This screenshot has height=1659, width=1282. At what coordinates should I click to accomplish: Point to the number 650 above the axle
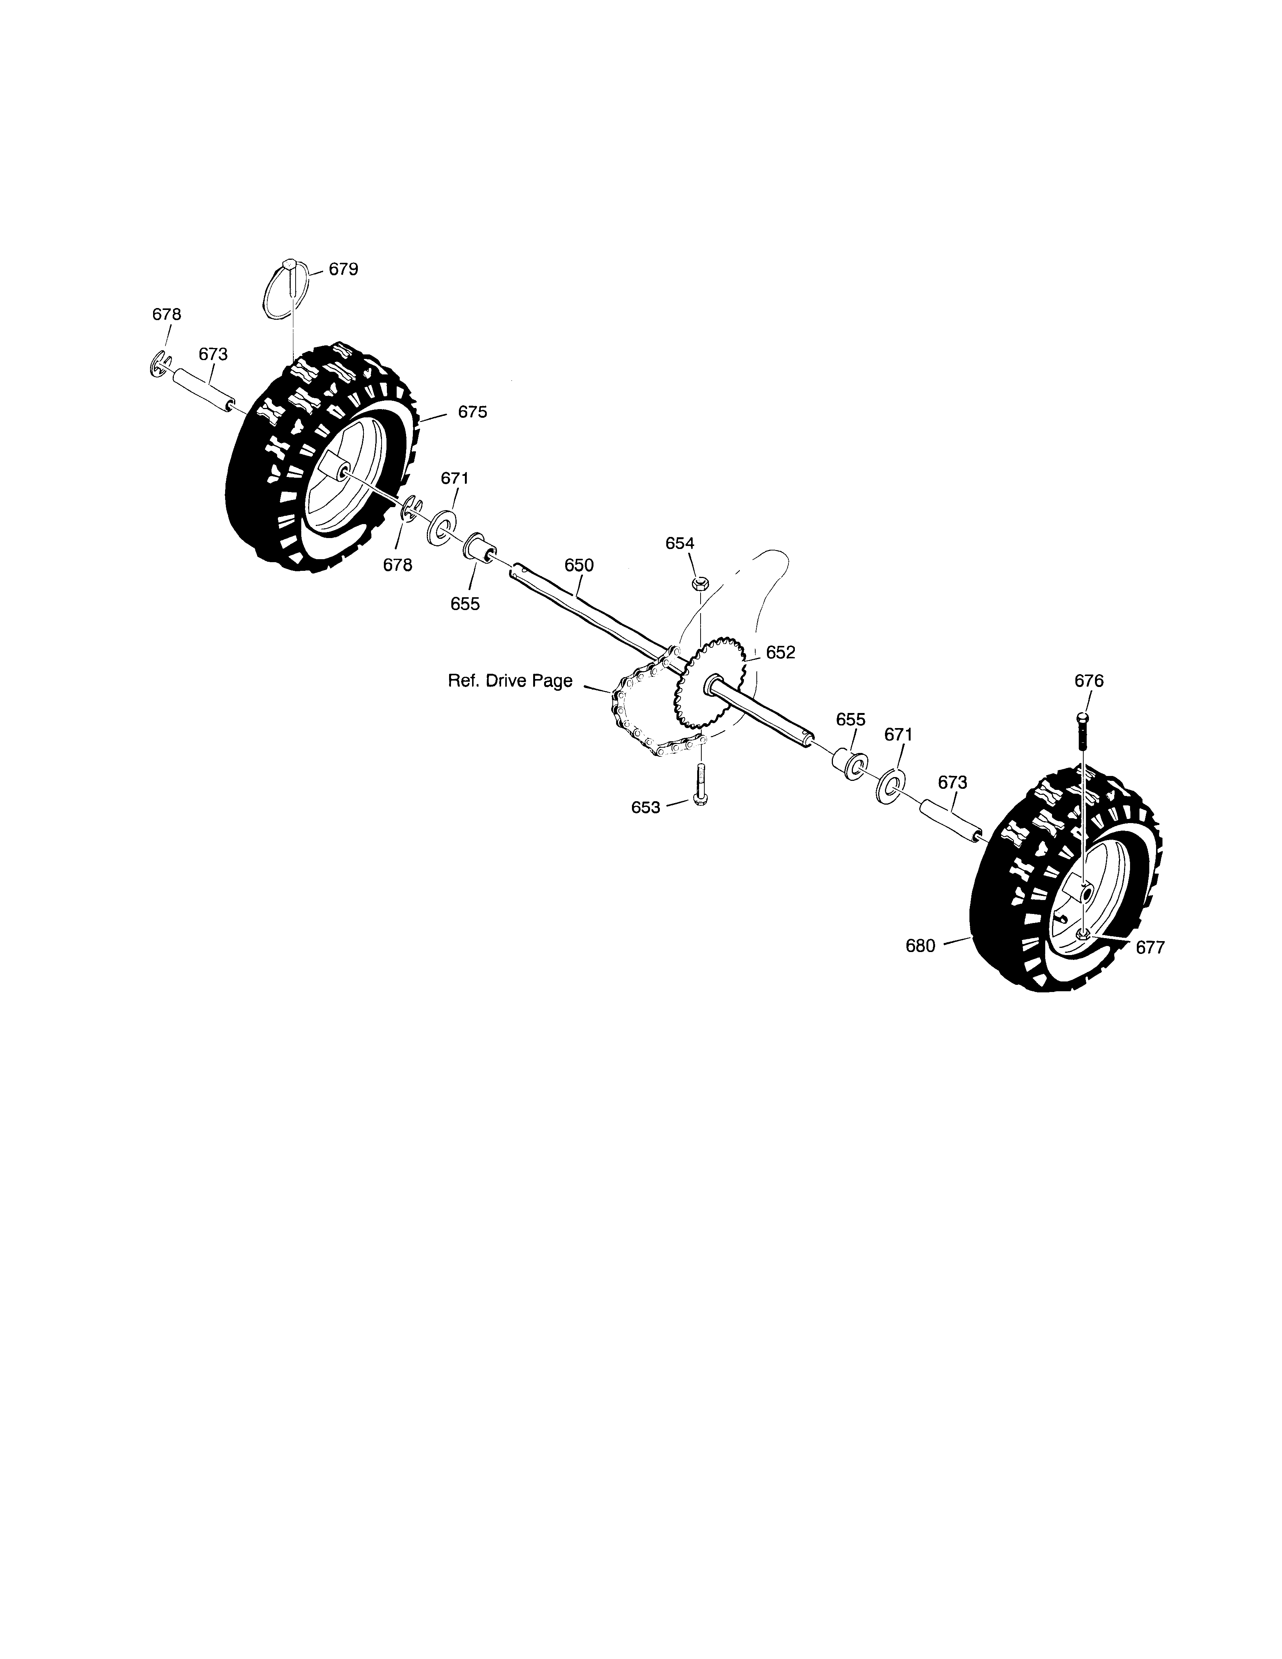[x=579, y=565]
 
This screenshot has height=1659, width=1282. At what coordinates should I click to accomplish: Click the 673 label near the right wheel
[x=952, y=782]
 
